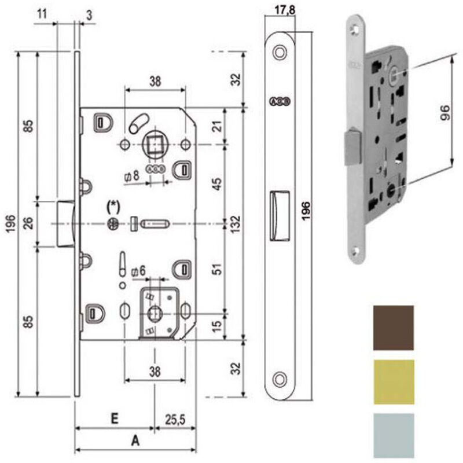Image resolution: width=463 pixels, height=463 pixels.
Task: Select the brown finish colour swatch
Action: tap(394, 328)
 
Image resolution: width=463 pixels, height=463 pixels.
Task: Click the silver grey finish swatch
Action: tap(394, 433)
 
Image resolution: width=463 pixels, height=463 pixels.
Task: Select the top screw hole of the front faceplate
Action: tap(281, 52)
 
